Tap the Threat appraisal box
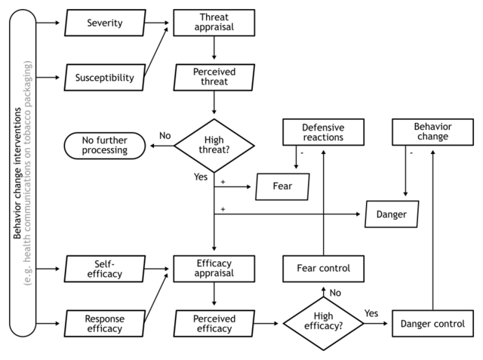(x=214, y=23)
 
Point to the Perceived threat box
(x=214, y=77)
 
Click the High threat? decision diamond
(x=214, y=144)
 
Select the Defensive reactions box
(x=323, y=132)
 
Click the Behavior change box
(x=432, y=132)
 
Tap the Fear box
(x=282, y=186)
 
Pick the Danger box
(x=392, y=214)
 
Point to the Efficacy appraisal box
(x=214, y=268)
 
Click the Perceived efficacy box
(x=214, y=324)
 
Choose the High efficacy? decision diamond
(x=323, y=324)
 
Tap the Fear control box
(x=323, y=268)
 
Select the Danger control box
(x=432, y=324)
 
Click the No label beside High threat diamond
(x=165, y=136)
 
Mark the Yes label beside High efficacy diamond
(x=371, y=313)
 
